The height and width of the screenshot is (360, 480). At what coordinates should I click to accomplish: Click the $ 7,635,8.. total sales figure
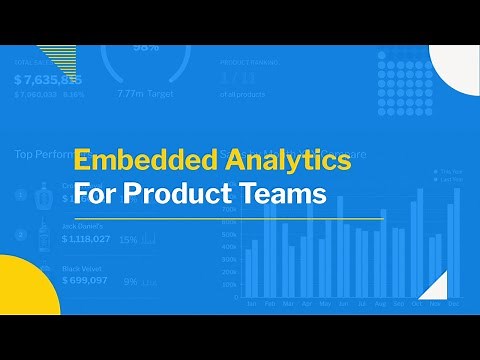48,79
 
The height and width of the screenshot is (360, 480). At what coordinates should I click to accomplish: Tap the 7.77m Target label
144,93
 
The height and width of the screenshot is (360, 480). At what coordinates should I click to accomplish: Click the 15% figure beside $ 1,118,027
128,240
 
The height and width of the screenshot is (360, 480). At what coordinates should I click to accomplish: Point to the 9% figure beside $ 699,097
130,282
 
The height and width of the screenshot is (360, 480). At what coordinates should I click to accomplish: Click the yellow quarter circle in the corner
20,290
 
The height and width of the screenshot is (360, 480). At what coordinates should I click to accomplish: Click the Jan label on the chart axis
251,303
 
